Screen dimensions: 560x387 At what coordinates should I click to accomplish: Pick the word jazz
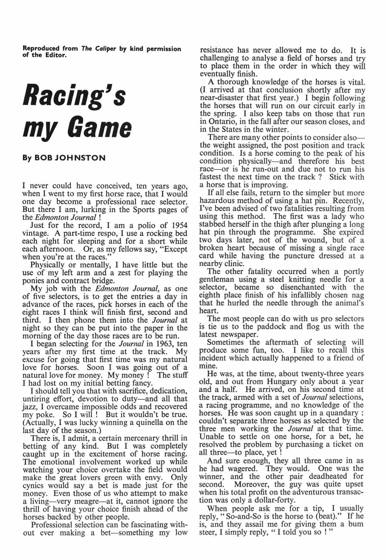click(x=29, y=407)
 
